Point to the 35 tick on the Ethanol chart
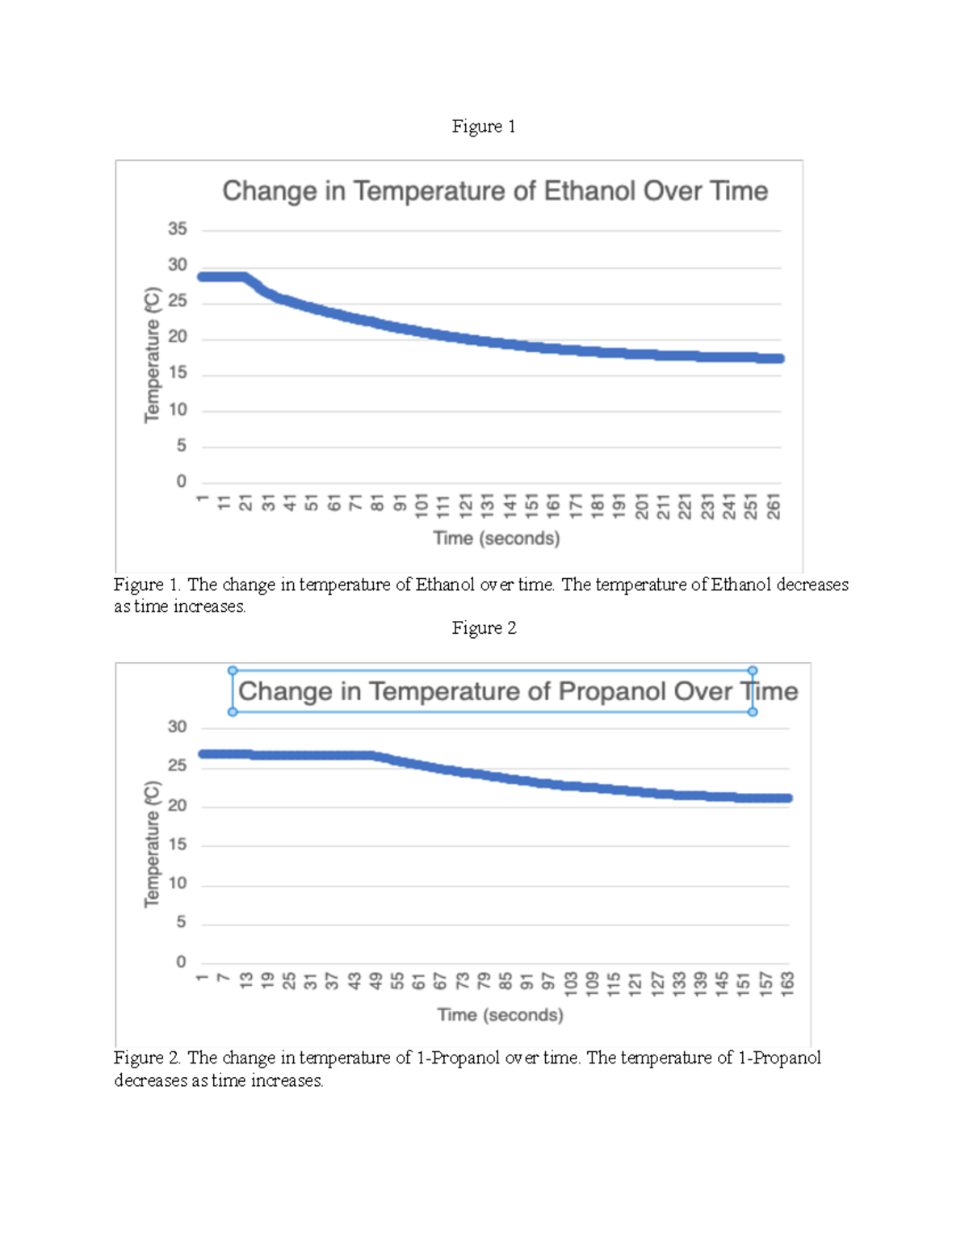coord(178,229)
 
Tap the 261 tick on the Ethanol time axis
coord(774,507)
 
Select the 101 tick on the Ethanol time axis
coord(422,507)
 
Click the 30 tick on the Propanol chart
coord(178,727)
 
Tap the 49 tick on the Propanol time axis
coord(375,981)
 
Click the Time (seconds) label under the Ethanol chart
coord(496,538)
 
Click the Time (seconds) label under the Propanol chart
coord(500,1014)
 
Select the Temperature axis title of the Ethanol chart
coord(152,354)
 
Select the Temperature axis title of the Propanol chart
coord(152,844)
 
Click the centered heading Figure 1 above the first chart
coord(483,126)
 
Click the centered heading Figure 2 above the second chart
coord(484,628)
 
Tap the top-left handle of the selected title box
coord(233,670)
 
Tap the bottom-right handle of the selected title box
coord(753,712)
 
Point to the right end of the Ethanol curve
coord(779,359)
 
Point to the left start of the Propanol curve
coord(203,754)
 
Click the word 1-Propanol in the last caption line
coord(779,1058)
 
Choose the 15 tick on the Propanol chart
coord(178,844)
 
